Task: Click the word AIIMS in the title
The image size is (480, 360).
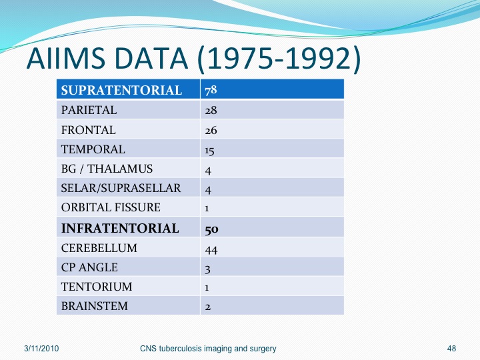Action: [x=66, y=58]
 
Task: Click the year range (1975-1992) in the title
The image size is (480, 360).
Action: [x=279, y=59]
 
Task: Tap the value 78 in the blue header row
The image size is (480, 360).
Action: [x=211, y=90]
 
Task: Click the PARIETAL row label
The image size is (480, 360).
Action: [x=89, y=110]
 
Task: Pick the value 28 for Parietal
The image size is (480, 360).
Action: [x=211, y=111]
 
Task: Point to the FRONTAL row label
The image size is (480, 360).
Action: [x=89, y=130]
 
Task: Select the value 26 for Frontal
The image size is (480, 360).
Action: [x=211, y=131]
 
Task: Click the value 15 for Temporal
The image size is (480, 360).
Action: [x=210, y=151]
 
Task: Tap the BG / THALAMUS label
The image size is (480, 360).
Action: [x=107, y=169]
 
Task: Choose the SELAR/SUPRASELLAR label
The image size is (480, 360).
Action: [x=121, y=188]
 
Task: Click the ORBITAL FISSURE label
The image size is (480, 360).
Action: [x=111, y=207]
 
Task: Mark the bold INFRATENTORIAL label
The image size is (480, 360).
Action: [x=120, y=229]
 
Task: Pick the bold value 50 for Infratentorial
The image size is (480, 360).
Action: [x=211, y=229]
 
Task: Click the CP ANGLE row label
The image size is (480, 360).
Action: [x=89, y=267]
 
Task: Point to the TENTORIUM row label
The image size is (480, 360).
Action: [x=97, y=287]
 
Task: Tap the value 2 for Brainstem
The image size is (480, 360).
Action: [x=208, y=307]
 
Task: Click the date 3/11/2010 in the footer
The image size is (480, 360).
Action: [x=41, y=349]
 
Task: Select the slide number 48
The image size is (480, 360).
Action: [x=451, y=349]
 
